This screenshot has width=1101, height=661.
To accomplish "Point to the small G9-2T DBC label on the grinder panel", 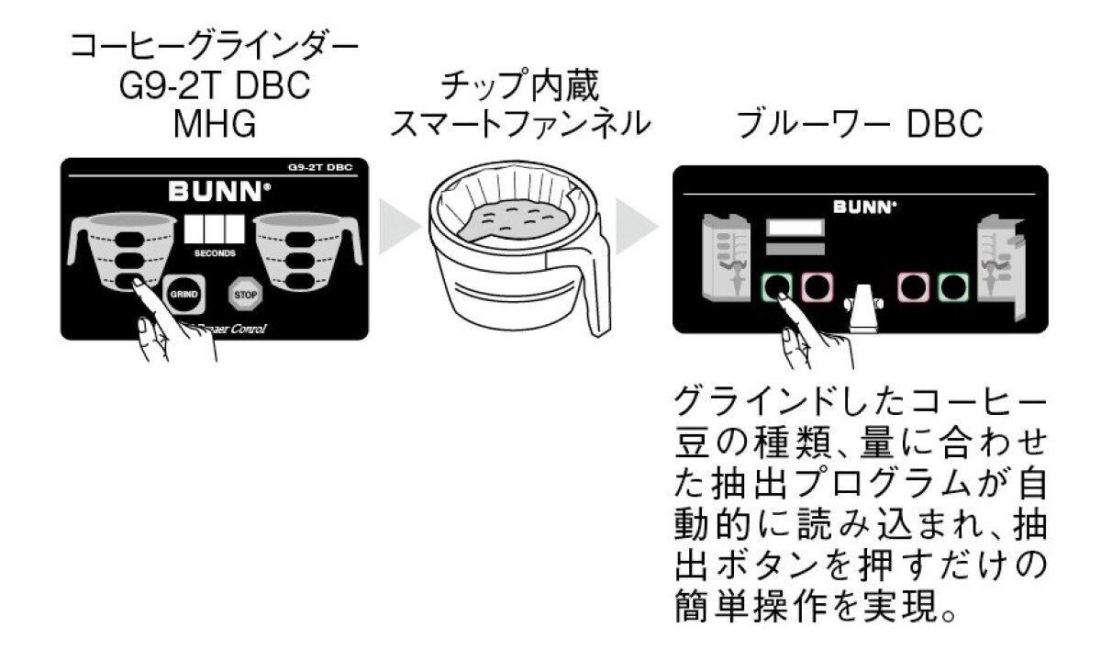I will [x=326, y=168].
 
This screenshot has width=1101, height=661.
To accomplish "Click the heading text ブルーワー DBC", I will [x=860, y=126].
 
